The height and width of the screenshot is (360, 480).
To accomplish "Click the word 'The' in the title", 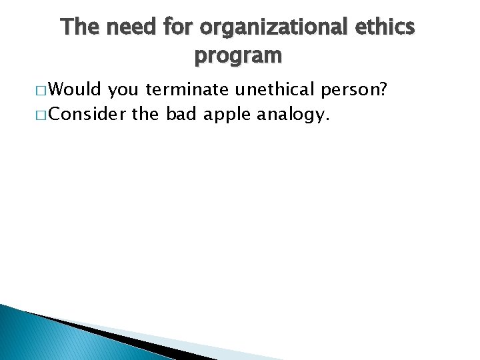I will [x=79, y=27].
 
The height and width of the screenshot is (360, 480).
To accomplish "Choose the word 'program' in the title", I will [x=238, y=56].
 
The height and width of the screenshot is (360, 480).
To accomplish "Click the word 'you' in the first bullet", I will [x=123, y=91].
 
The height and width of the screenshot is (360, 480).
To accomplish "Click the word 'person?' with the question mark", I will [x=355, y=91].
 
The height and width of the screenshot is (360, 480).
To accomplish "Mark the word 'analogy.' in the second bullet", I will [x=294, y=116].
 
